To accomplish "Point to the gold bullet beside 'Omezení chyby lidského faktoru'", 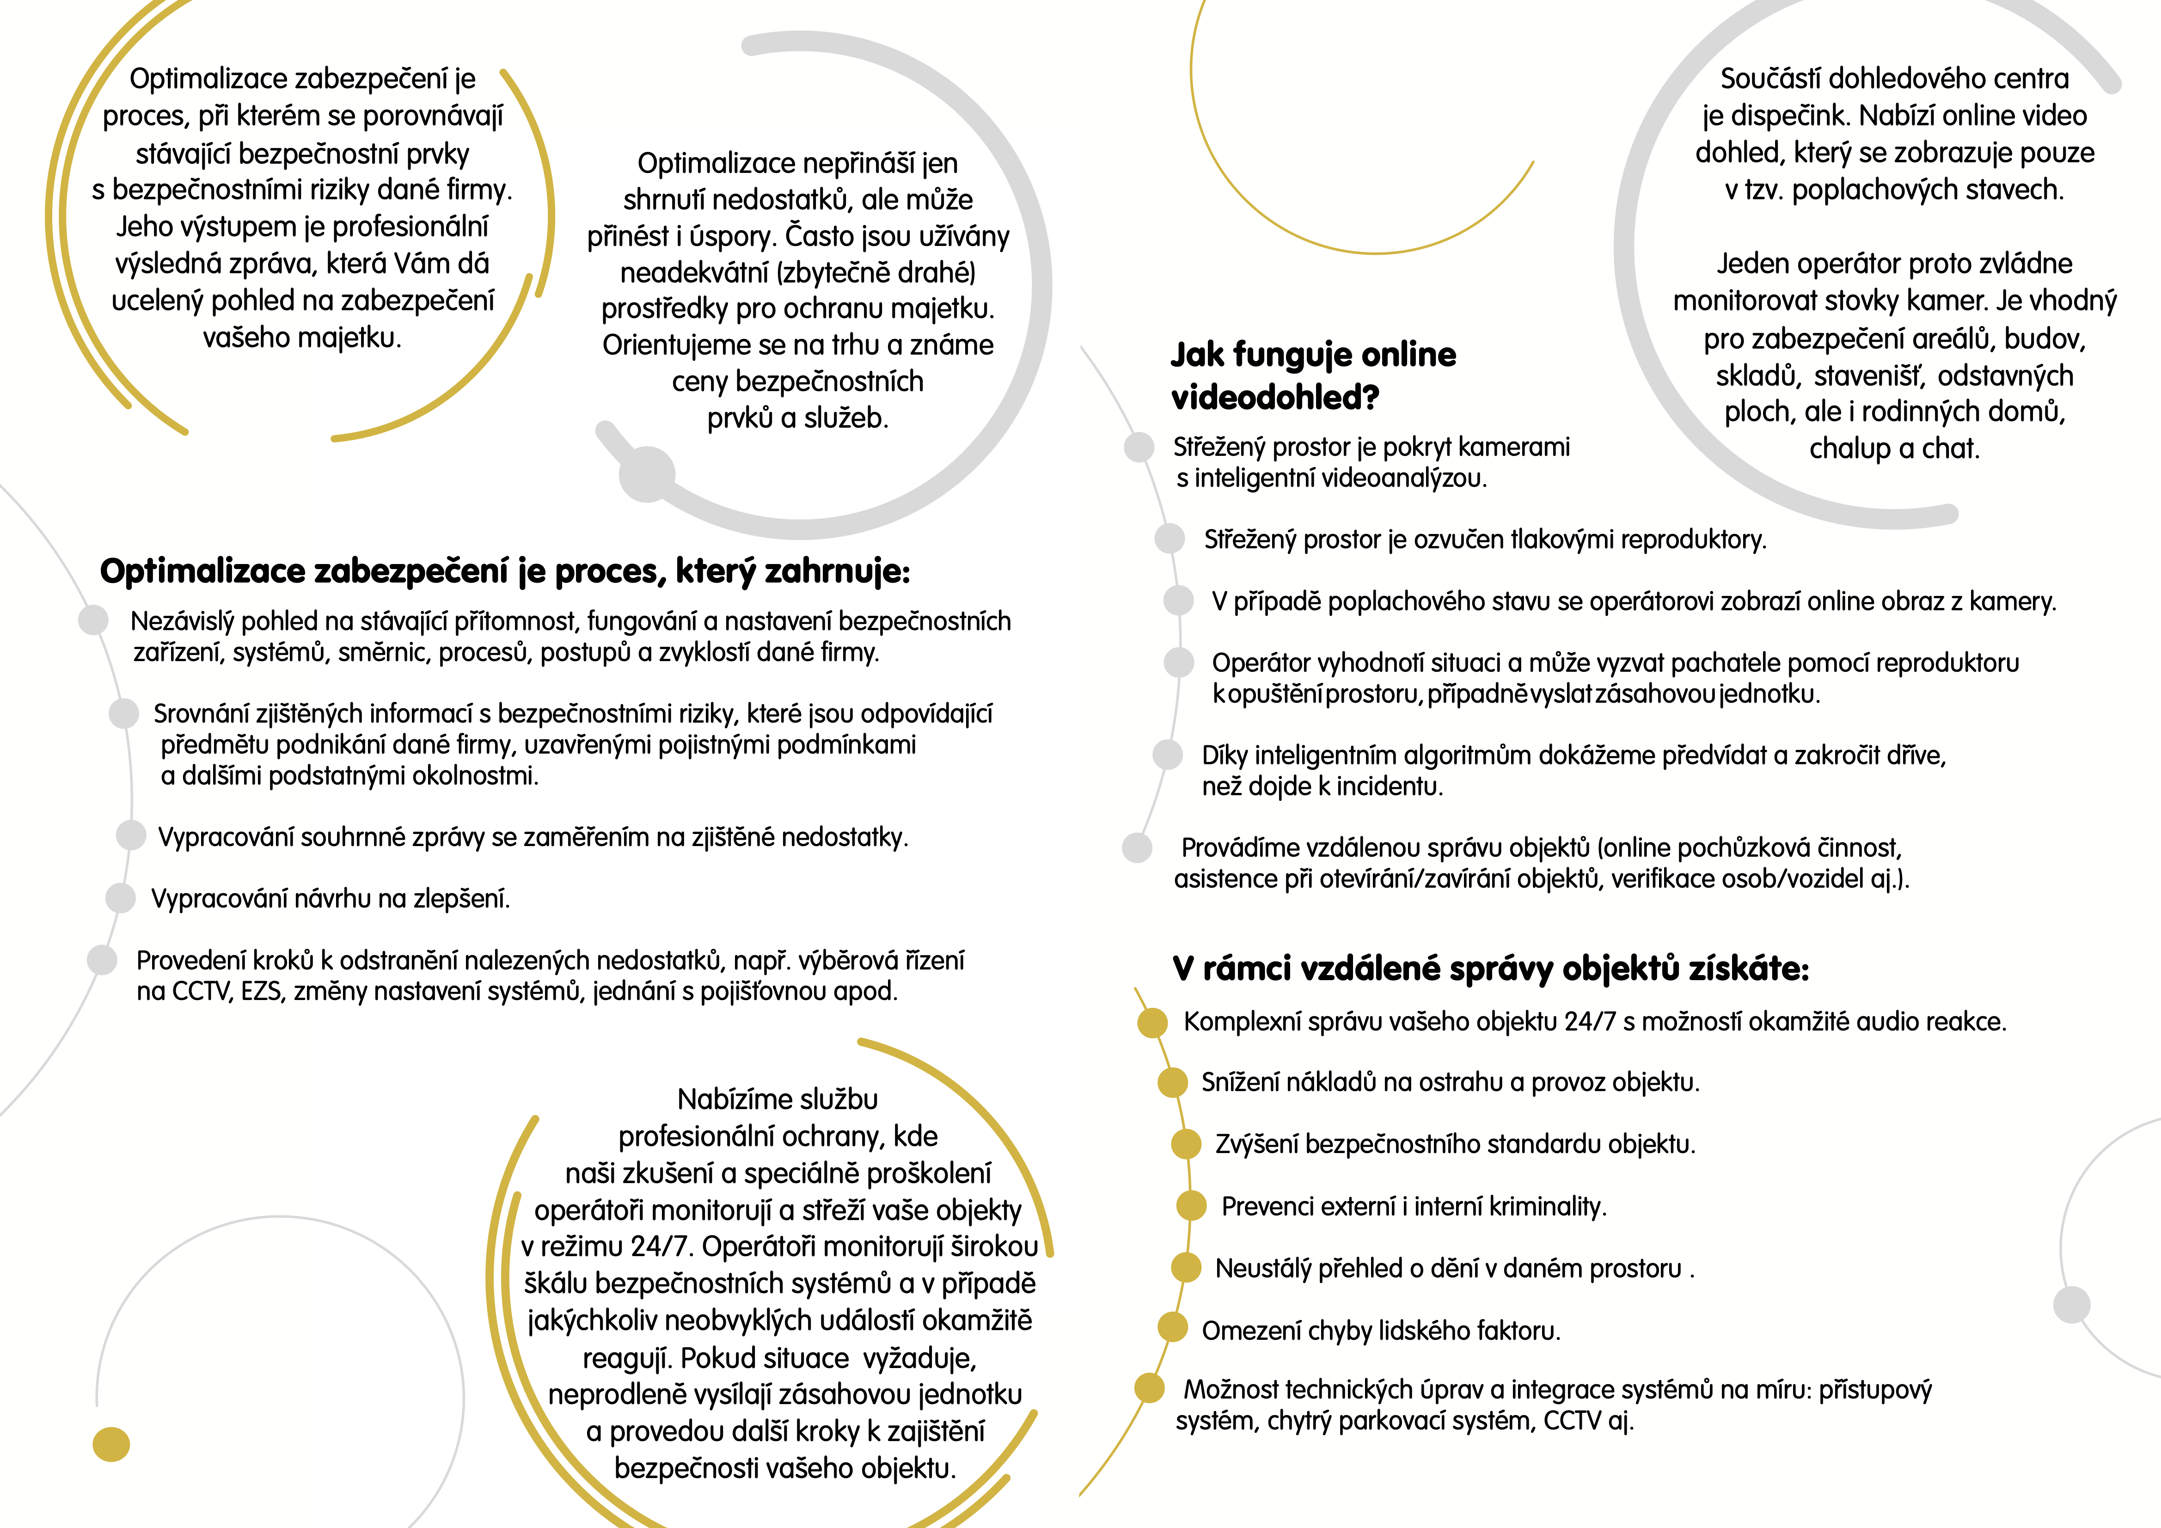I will click(x=1172, y=1327).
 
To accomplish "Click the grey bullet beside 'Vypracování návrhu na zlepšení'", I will click(x=121, y=897).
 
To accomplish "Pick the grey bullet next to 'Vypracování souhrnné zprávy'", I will click(x=131, y=835).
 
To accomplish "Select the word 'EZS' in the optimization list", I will click(x=261, y=991).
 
